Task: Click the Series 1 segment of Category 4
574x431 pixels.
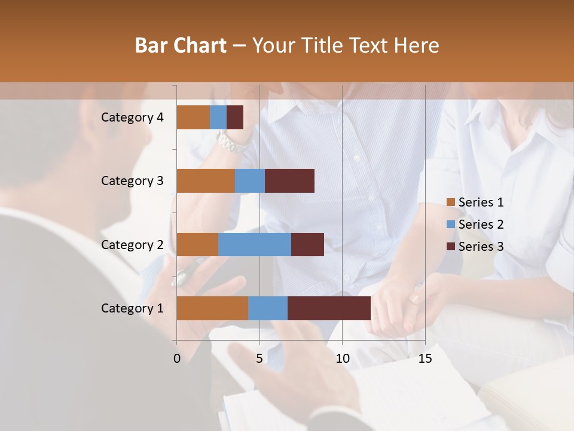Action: (193, 117)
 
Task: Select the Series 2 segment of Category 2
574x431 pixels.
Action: (255, 244)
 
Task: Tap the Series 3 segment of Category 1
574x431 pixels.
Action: (329, 308)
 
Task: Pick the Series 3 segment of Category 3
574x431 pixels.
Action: (289, 181)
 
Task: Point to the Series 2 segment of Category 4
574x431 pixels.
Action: (218, 117)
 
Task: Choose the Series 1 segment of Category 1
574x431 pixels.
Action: (212, 308)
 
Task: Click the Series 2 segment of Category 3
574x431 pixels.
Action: (250, 181)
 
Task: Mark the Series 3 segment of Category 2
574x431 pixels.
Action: (307, 244)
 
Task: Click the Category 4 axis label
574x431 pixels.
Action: (132, 117)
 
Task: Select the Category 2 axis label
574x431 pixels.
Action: (132, 244)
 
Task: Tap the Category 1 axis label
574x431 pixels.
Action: (132, 308)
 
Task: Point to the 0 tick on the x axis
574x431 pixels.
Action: (177, 359)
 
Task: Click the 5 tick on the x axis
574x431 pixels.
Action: (259, 359)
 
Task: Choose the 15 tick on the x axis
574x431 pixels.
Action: (425, 359)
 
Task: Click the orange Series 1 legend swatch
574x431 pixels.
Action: (451, 202)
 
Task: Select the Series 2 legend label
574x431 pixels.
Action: (481, 224)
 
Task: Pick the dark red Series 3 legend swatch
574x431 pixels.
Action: (451, 247)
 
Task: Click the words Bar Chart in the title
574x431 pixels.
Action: (181, 45)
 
